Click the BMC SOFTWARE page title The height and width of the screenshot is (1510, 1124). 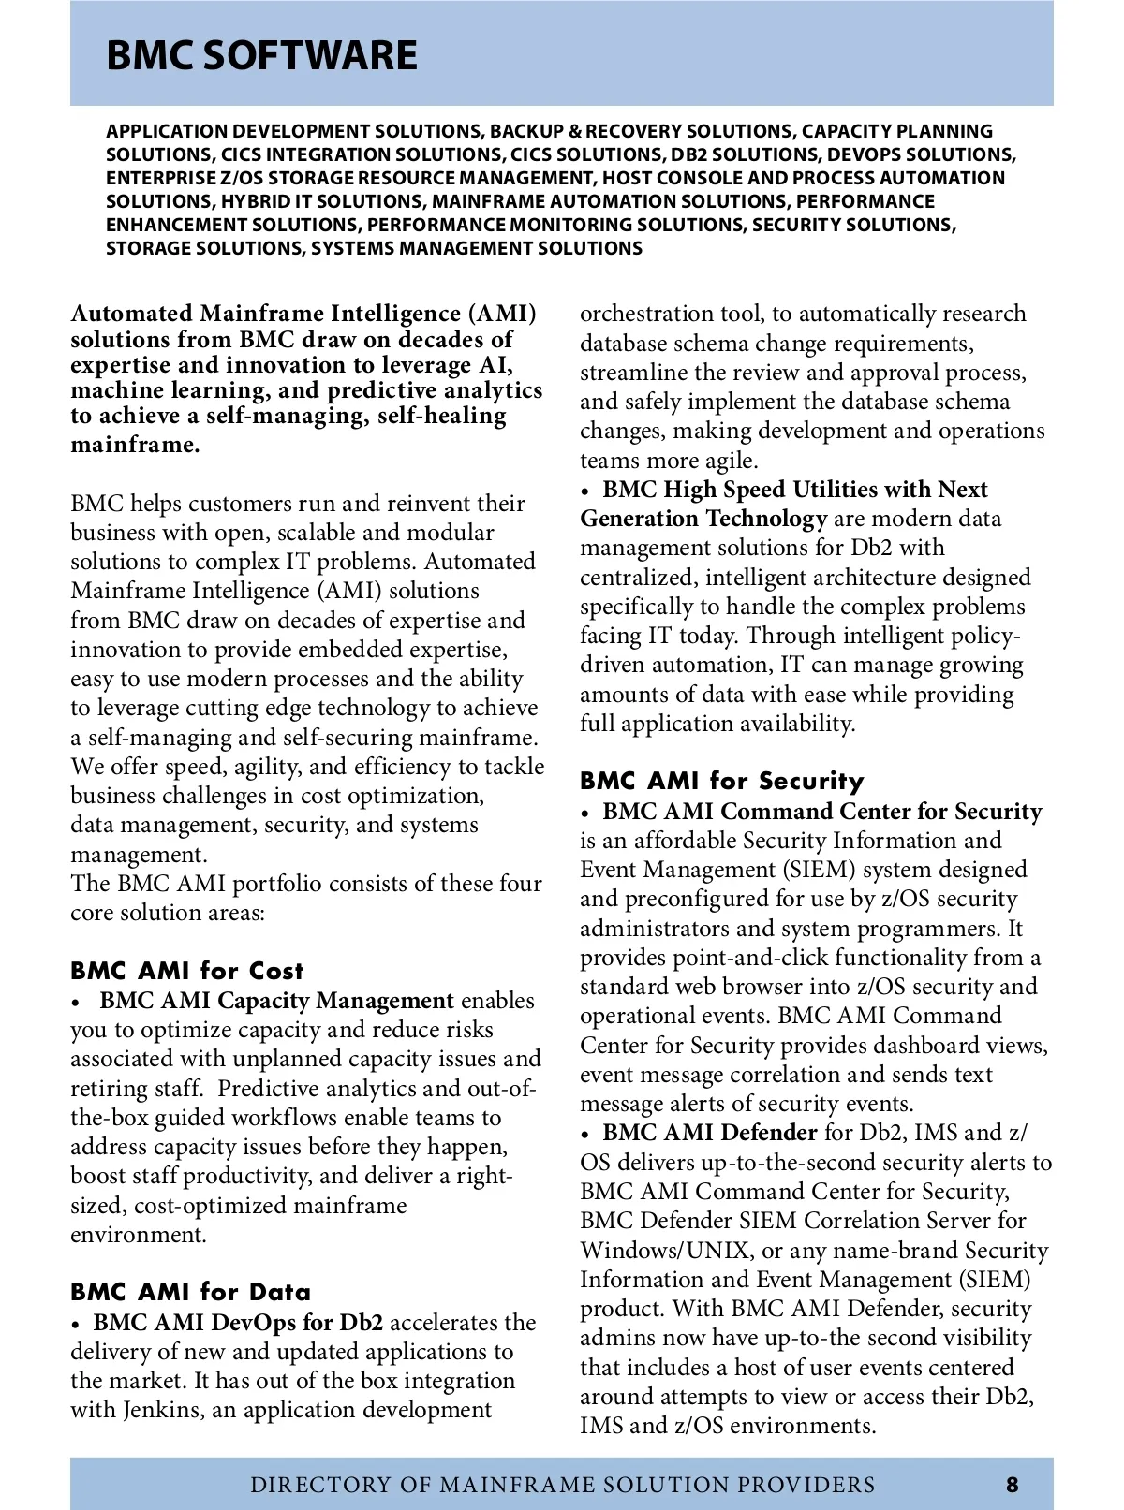261,55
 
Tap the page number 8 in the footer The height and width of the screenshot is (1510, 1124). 1013,1484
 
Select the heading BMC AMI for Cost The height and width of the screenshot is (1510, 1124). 187,971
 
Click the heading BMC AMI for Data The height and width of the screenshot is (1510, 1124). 190,1292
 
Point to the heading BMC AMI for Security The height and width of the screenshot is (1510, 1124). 721,781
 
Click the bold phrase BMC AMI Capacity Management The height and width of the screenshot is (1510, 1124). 276,1001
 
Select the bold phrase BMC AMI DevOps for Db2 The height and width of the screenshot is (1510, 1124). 238,1323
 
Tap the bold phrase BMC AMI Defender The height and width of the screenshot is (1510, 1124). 710,1133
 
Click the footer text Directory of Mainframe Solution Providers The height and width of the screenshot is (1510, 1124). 563,1484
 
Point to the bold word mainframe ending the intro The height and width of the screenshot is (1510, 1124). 135,444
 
